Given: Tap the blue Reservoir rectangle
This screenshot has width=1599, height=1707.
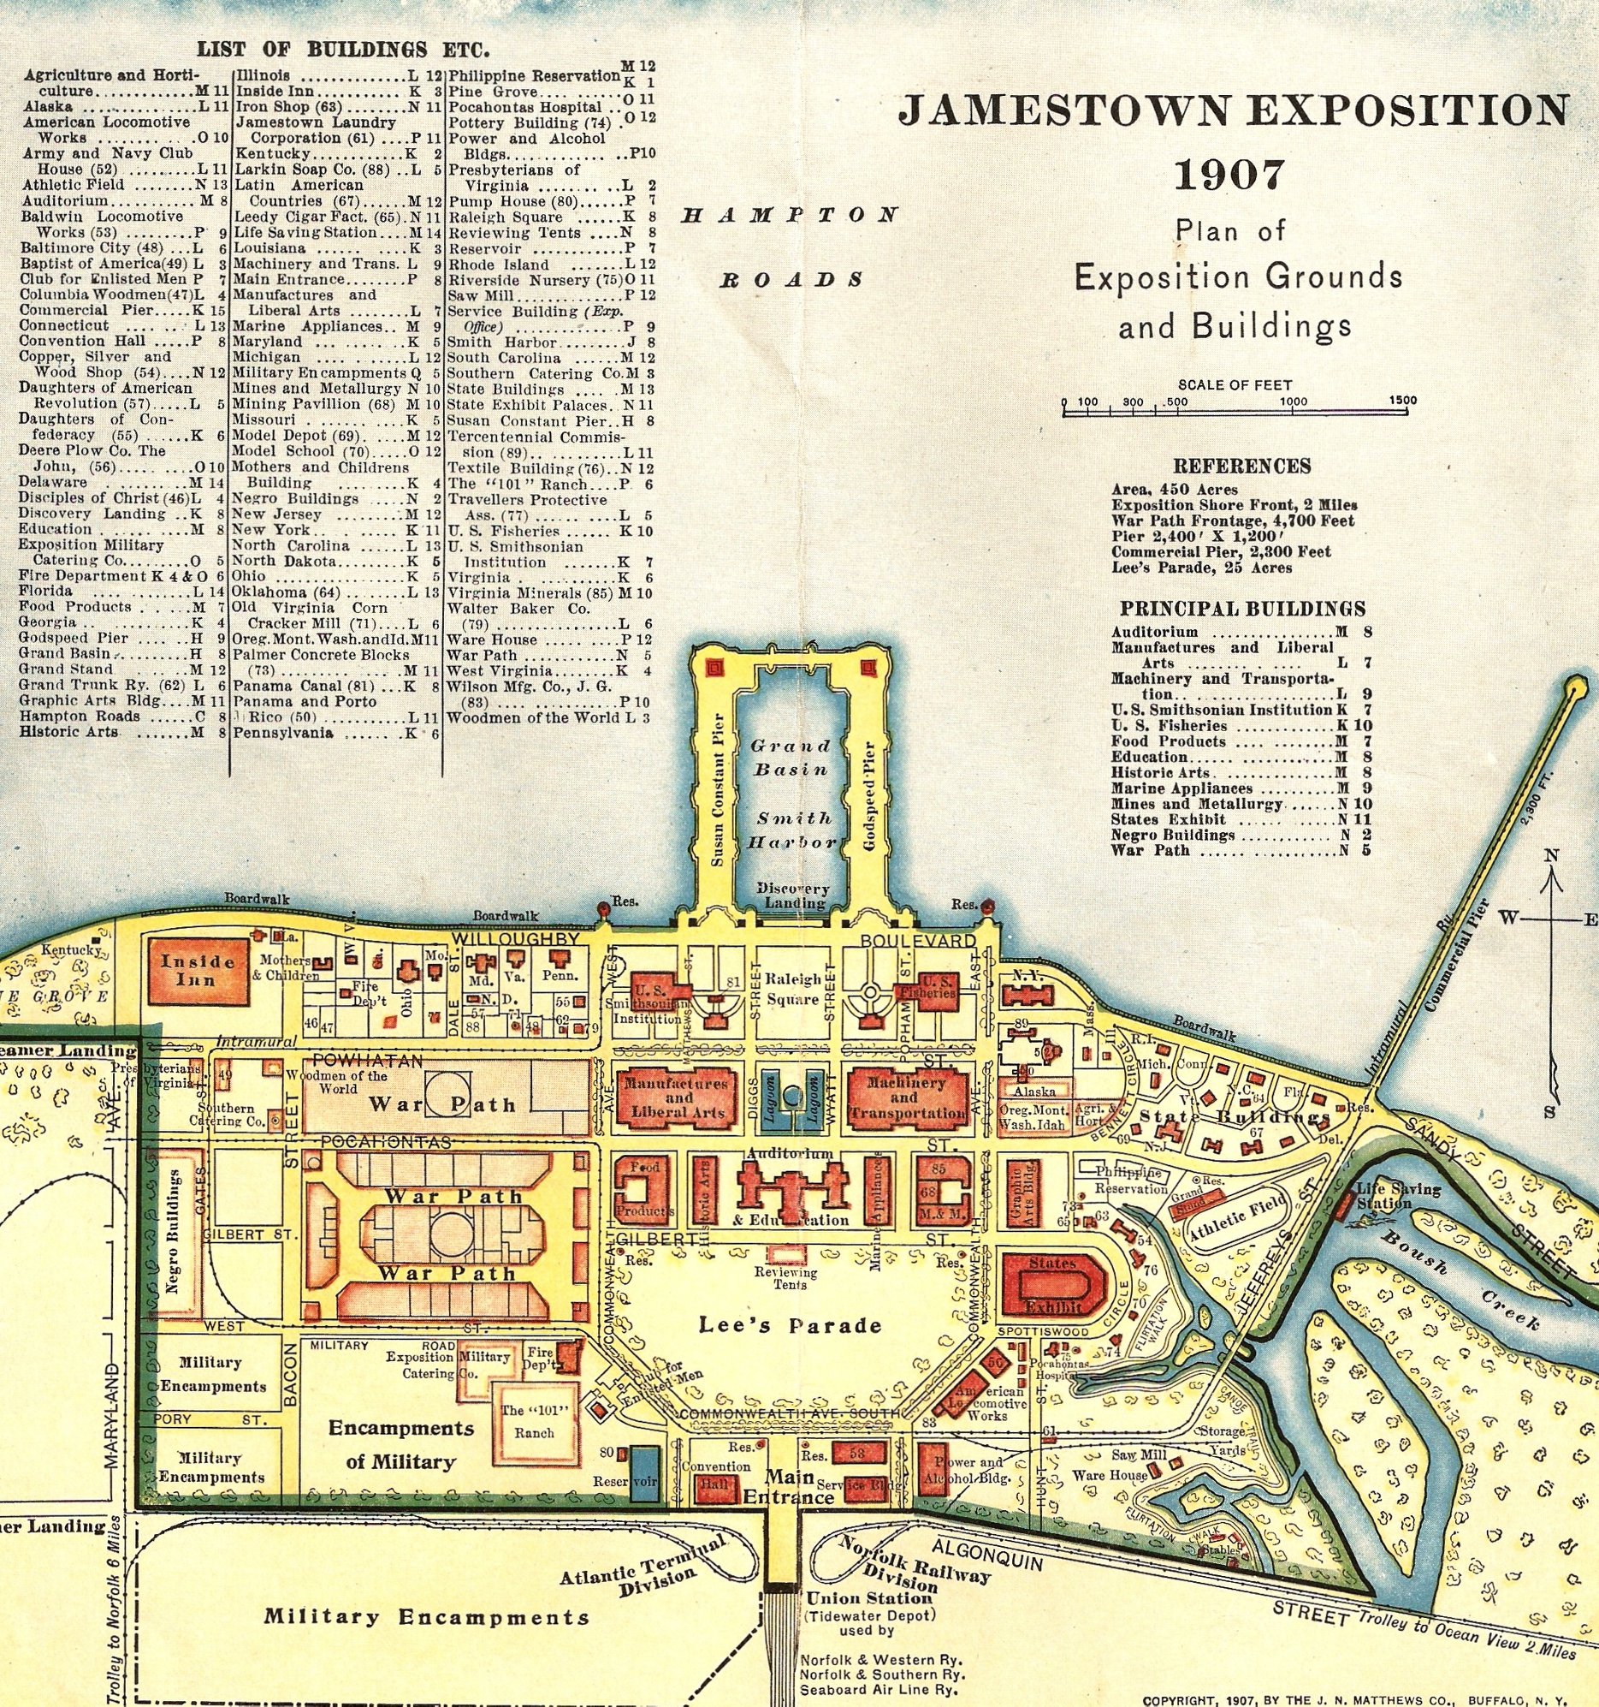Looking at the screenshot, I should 643,1472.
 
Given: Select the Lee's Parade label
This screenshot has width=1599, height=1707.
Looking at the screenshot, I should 790,1325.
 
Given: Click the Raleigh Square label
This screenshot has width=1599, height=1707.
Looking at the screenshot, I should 793,988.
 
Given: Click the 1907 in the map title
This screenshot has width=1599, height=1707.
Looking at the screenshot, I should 1229,175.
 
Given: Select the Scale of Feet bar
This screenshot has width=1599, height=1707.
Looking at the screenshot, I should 1236,413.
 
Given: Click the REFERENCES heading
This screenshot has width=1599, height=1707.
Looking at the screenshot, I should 1241,466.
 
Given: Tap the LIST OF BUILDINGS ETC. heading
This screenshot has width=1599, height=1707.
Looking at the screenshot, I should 343,48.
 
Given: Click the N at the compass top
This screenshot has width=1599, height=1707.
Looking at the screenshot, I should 1551,855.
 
